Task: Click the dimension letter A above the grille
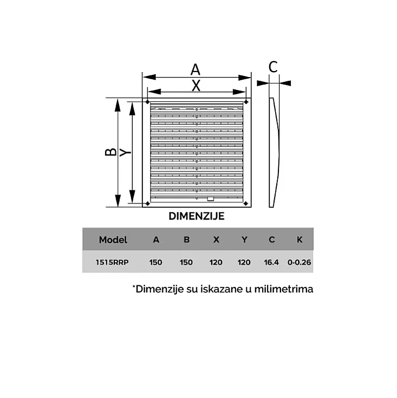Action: pyautogui.click(x=196, y=69)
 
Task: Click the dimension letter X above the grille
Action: pyautogui.click(x=196, y=85)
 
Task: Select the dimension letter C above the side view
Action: pyautogui.click(x=273, y=67)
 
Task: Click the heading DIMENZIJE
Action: pyautogui.click(x=196, y=216)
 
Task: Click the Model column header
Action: pyautogui.click(x=113, y=240)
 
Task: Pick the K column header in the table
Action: pyautogui.click(x=300, y=240)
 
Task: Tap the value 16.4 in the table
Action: pyautogui.click(x=271, y=262)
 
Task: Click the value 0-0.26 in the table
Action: pyautogui.click(x=300, y=262)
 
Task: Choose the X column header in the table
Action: pyautogui.click(x=216, y=240)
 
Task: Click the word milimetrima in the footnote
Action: pyautogui.click(x=285, y=289)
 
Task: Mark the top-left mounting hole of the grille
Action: pyautogui.click(x=147, y=101)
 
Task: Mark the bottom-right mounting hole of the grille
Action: pyautogui.click(x=246, y=204)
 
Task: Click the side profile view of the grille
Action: pyautogui.click(x=275, y=152)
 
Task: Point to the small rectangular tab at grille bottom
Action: pyautogui.click(x=210, y=199)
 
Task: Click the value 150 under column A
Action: pyautogui.click(x=156, y=262)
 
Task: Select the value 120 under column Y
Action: pyautogui.click(x=244, y=262)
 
